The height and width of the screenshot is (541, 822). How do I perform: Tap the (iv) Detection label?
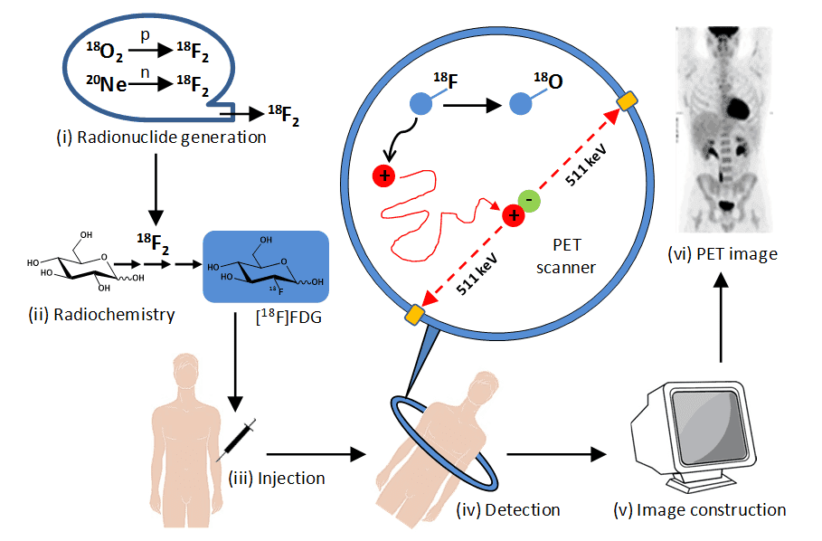pyautogui.click(x=508, y=510)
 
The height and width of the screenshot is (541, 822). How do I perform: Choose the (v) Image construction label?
pyautogui.click(x=712, y=510)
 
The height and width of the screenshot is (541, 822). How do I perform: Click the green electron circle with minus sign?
pyautogui.click(x=530, y=201)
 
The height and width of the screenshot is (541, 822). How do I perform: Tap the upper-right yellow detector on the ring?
pyautogui.click(x=625, y=103)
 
